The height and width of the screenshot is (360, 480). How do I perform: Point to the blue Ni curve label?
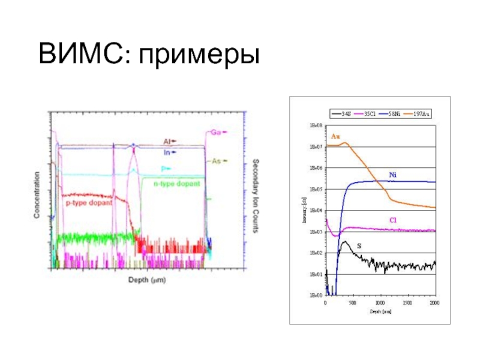click(392, 175)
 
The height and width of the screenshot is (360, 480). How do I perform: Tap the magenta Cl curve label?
click(392, 220)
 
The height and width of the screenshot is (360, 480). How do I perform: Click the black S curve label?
click(359, 246)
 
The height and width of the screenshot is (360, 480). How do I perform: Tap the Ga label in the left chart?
click(214, 132)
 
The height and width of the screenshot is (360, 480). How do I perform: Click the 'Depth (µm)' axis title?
click(147, 280)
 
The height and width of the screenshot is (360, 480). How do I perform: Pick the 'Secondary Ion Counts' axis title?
click(256, 196)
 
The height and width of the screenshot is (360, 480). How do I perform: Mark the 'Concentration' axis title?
click(37, 195)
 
